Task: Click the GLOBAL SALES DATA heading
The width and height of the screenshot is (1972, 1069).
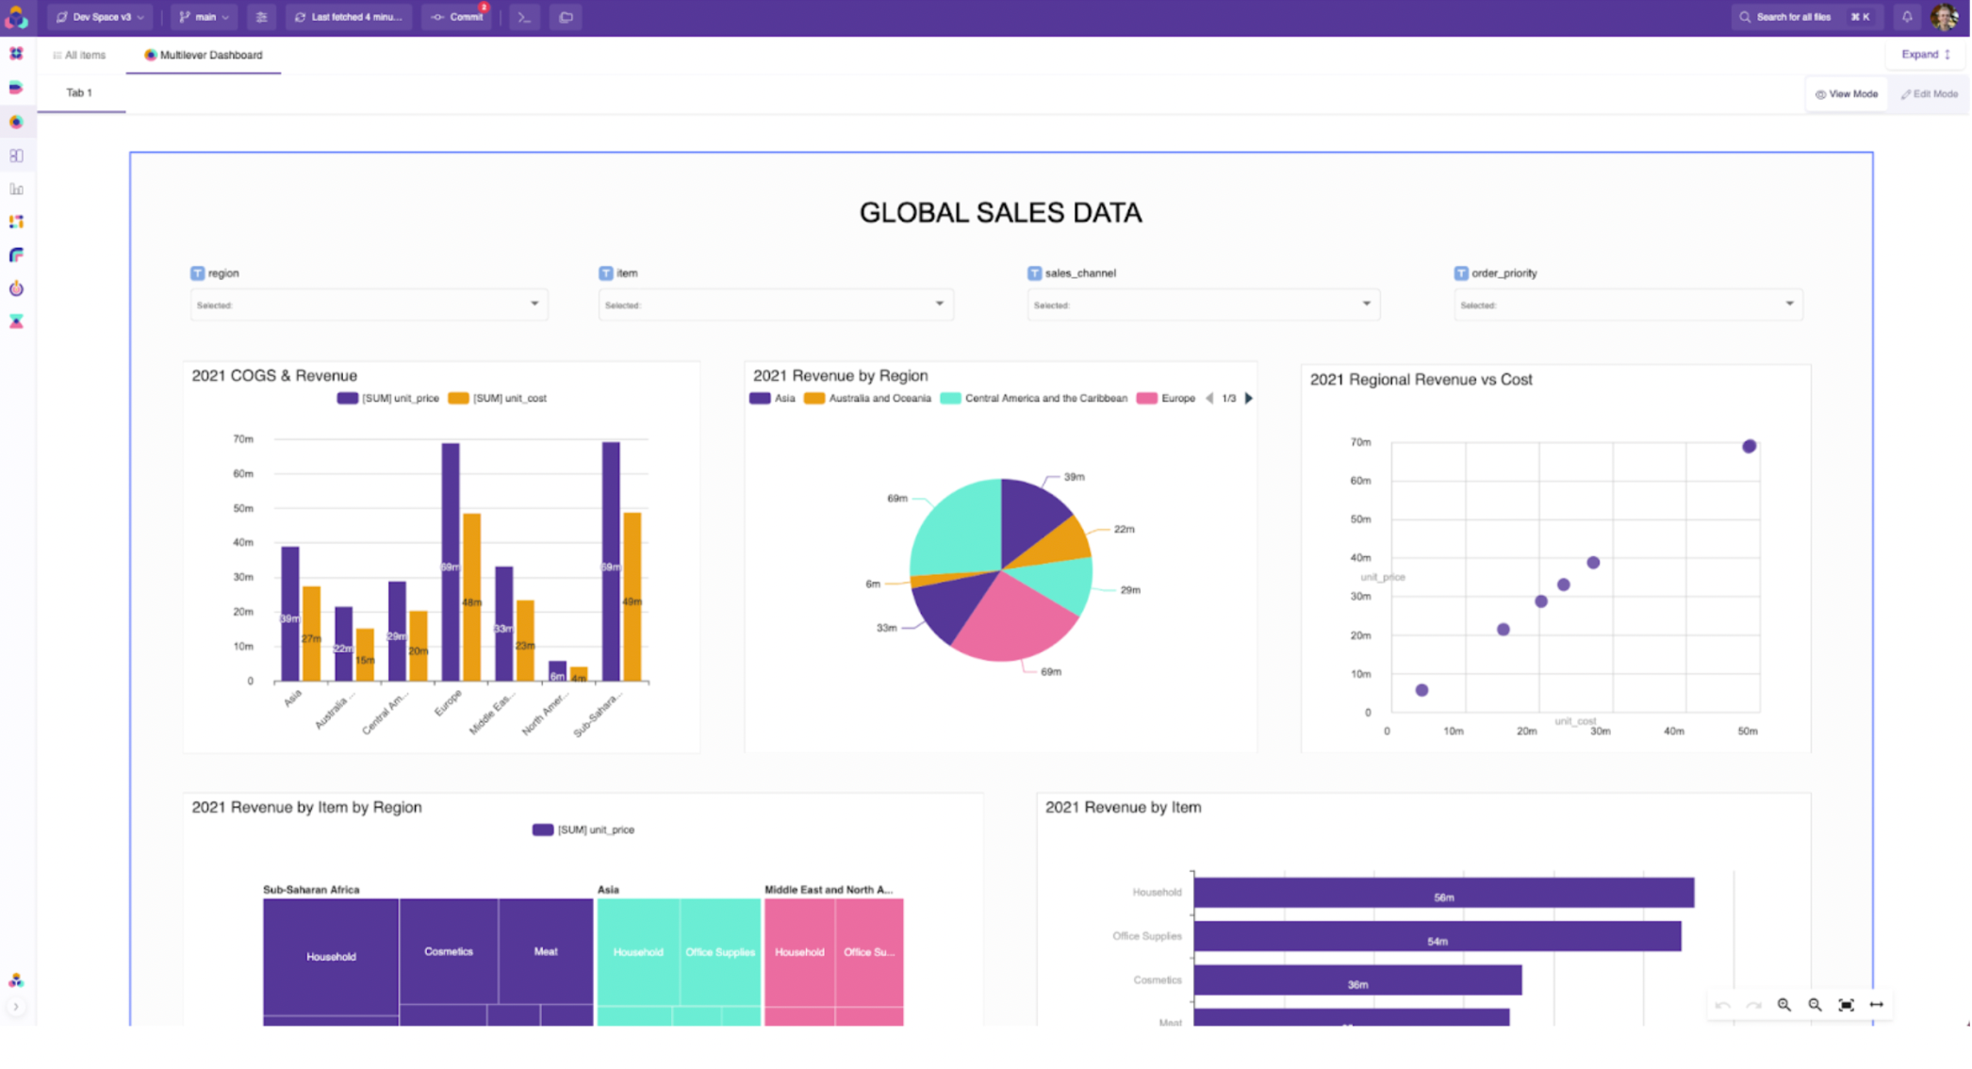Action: pos(999,213)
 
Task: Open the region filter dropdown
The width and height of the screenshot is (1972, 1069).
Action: pos(369,304)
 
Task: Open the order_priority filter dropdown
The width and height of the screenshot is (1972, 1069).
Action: pos(1627,304)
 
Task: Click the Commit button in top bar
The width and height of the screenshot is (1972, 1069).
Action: pos(458,17)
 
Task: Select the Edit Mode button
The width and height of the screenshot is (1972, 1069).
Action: pos(1930,94)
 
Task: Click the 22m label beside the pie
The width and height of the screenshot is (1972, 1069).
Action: pos(1124,529)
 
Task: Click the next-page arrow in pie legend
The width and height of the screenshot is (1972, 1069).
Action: pos(1249,398)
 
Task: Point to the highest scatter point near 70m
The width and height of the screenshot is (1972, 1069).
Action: pos(1749,446)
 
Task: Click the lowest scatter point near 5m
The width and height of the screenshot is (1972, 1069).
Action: pos(1421,690)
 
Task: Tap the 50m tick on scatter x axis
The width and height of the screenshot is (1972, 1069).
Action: pos(1747,732)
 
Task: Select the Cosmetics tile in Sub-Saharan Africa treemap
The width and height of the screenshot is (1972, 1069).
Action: pos(449,950)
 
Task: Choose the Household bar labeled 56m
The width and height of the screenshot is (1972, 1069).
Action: pos(1442,893)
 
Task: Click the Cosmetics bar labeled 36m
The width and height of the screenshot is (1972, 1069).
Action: pos(1357,980)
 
